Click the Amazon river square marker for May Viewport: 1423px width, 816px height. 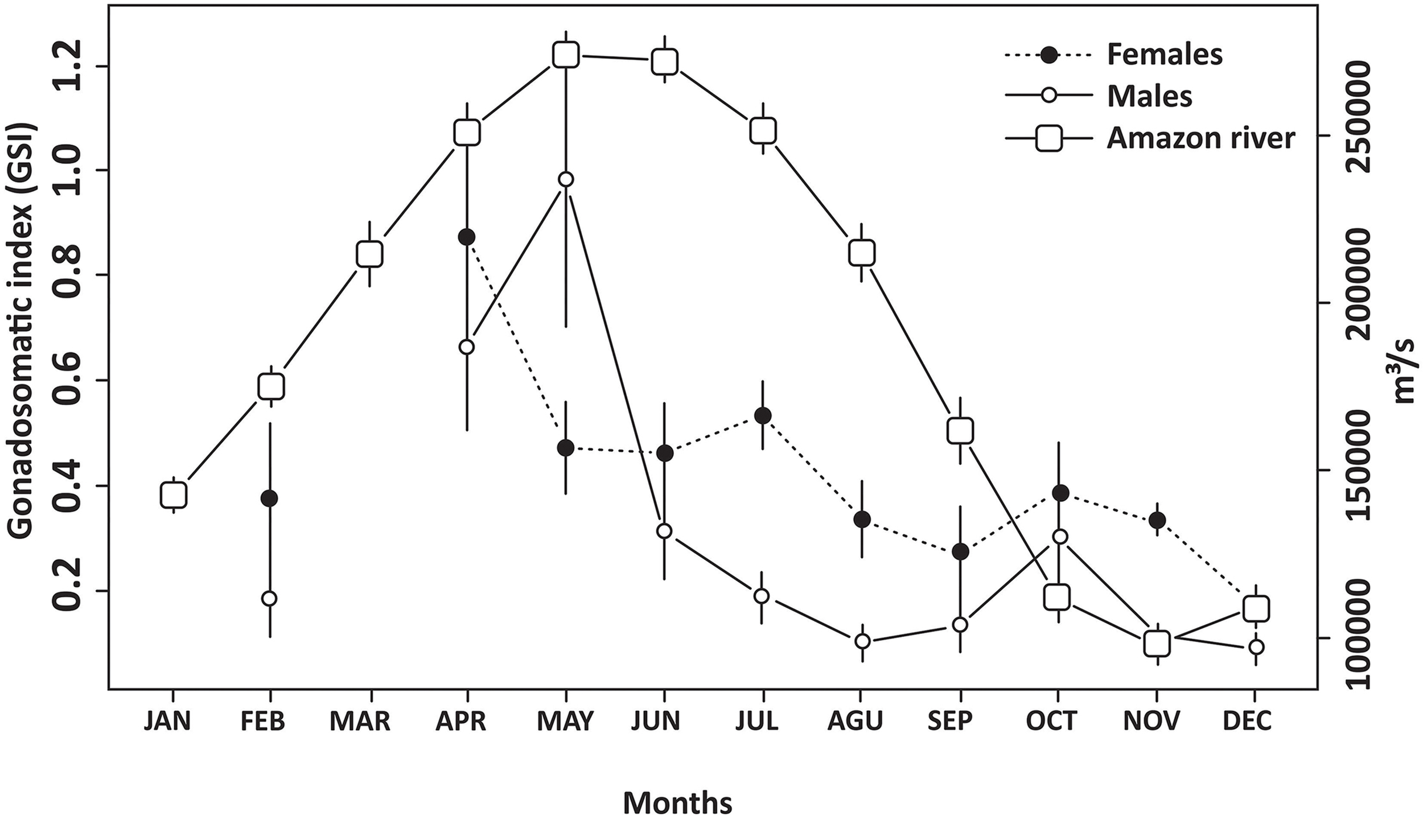566,56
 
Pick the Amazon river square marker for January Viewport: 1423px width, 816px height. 173,495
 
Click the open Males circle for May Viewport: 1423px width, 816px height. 566,179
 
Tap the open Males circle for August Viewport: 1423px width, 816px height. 862,641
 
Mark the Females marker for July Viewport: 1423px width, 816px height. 763,416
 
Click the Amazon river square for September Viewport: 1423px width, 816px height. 960,431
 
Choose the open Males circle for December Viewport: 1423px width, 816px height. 1256,647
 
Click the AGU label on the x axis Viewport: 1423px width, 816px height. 855,722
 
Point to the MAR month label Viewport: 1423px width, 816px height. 360,722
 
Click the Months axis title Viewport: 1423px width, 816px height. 677,788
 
